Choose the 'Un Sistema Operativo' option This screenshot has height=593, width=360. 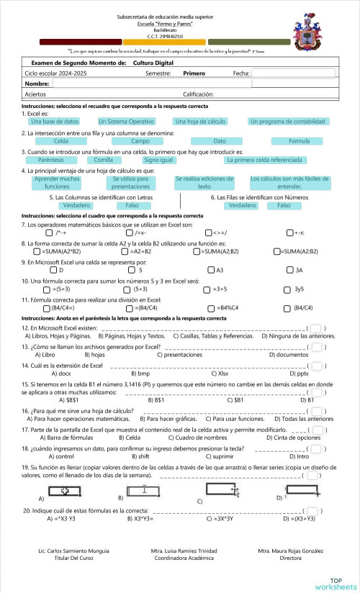126,122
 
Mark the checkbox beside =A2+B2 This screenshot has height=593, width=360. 127,251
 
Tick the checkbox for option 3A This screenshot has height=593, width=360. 289,270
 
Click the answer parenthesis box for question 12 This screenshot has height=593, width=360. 315,328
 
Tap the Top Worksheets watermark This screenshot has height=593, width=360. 335,584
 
